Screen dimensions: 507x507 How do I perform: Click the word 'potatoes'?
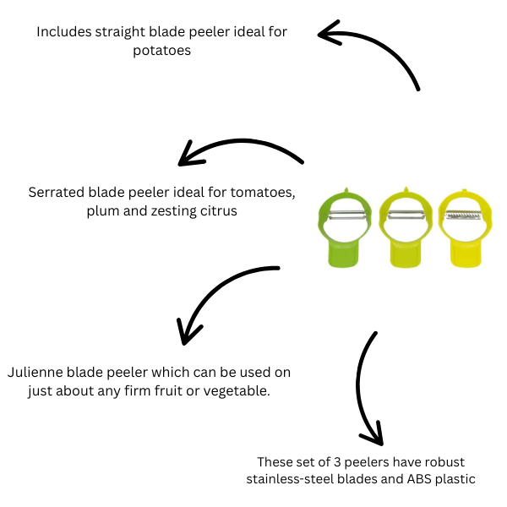tap(162, 50)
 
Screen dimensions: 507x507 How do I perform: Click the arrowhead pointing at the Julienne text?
tap(187, 333)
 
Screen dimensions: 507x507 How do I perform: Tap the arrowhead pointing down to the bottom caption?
tap(371, 435)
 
